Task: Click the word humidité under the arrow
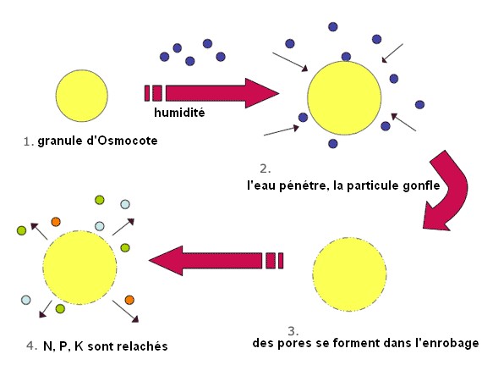click(179, 113)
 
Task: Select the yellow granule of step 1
click(82, 96)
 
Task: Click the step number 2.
click(265, 169)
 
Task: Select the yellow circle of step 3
click(350, 274)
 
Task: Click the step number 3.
click(293, 331)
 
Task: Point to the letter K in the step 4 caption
click(79, 346)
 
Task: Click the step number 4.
click(31, 346)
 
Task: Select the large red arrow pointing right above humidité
click(211, 93)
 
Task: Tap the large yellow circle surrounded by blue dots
click(344, 98)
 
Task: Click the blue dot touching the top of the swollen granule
click(346, 57)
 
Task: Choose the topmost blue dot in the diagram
click(333, 27)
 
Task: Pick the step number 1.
click(29, 142)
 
